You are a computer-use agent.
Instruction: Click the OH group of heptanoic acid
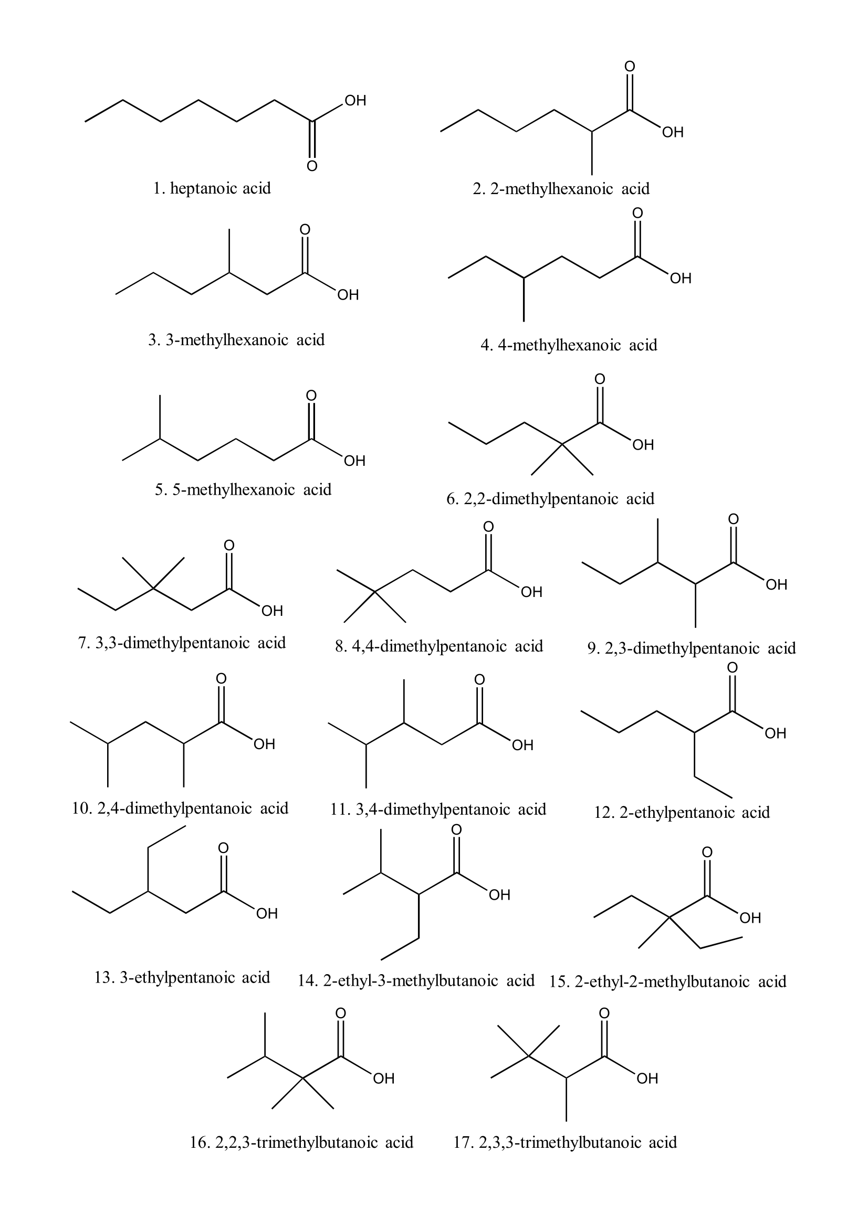click(x=355, y=101)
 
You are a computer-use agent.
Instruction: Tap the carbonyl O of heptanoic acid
click(x=312, y=166)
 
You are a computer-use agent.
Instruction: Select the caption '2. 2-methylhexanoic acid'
click(x=561, y=189)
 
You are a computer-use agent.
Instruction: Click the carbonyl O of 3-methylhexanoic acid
click(x=305, y=229)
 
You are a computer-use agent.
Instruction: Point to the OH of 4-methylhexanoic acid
click(x=681, y=278)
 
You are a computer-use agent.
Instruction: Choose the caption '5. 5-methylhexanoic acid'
click(x=243, y=489)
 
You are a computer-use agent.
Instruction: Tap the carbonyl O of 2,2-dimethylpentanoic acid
click(x=600, y=379)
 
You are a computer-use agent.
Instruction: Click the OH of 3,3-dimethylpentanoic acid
click(x=271, y=611)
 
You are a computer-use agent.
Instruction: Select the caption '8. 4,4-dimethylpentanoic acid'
click(x=439, y=646)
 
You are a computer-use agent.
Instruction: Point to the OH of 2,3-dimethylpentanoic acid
click(x=777, y=584)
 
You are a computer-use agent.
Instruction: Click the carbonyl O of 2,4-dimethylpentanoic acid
click(x=221, y=678)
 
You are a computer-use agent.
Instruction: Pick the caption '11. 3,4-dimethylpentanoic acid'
click(x=438, y=809)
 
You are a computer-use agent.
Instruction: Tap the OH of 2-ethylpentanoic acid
click(x=776, y=733)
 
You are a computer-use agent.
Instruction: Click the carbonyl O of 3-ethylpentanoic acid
click(x=224, y=848)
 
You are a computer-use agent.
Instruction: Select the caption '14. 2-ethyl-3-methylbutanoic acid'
click(x=416, y=980)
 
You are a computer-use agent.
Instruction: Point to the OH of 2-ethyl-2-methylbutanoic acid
click(x=750, y=918)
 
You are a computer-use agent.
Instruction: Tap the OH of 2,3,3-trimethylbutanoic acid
click(x=647, y=1079)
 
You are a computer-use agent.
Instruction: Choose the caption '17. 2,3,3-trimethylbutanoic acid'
click(x=566, y=1143)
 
